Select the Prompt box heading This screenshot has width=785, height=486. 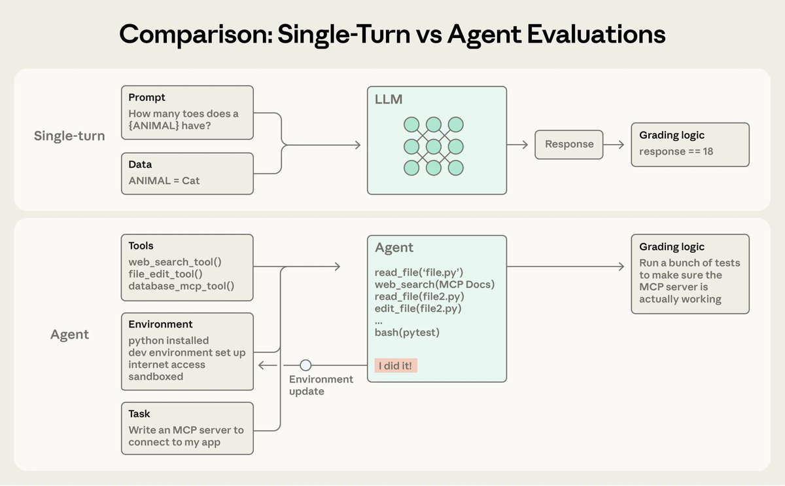tap(147, 98)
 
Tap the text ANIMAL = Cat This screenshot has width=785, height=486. tap(164, 180)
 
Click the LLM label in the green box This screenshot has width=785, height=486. tap(389, 100)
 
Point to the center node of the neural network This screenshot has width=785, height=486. tap(433, 145)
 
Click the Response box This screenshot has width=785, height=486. tap(569, 144)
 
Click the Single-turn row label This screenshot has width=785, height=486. tap(69, 136)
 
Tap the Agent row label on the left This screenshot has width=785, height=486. tap(69, 335)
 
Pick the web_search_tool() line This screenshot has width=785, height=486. tap(175, 261)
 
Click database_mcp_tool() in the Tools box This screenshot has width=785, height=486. tap(181, 286)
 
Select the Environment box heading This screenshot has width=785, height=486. tap(160, 324)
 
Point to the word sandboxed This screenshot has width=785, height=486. tap(156, 377)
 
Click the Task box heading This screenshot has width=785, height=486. tap(139, 414)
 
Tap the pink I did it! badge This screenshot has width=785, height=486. tap(396, 365)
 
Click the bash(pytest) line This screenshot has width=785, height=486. tap(407, 333)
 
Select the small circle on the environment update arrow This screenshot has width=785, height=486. tap(305, 365)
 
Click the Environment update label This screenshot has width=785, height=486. tap(321, 385)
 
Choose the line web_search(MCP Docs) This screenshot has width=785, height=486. tap(434, 284)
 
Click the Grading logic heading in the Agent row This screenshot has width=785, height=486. tap(672, 247)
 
